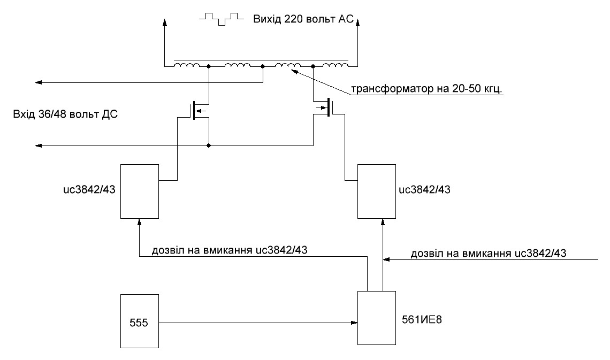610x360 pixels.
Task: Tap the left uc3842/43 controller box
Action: (140, 191)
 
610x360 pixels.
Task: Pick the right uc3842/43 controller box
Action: (377, 191)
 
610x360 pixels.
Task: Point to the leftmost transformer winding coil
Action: (187, 66)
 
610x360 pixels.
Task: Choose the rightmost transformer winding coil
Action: (336, 66)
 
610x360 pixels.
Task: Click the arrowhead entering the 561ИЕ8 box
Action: (354, 323)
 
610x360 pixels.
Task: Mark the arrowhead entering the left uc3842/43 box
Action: (140, 220)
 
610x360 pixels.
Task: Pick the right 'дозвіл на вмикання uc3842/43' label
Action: (489, 253)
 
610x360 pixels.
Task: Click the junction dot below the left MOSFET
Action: (209, 145)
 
